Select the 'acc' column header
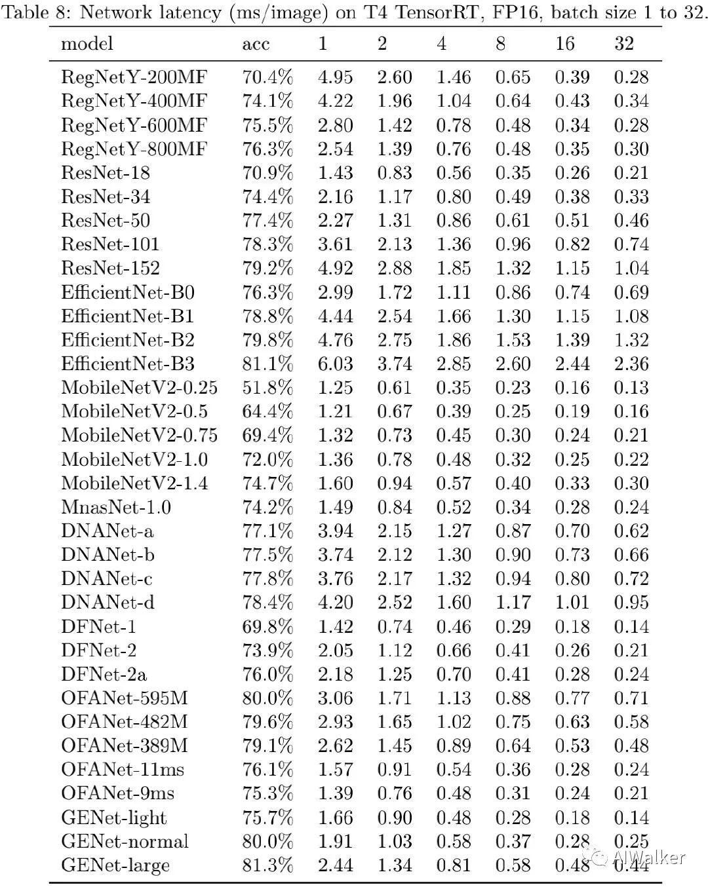point(256,44)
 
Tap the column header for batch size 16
point(564,44)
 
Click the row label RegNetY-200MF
point(134,77)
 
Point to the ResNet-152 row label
point(110,268)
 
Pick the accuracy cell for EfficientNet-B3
point(267,364)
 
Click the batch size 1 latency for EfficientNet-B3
point(335,364)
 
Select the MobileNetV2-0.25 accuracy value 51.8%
point(267,387)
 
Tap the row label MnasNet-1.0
point(116,507)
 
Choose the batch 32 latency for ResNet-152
point(631,268)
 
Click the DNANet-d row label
point(108,602)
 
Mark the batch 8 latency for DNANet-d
point(513,602)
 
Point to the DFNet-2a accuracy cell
point(267,674)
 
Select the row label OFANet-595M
point(125,698)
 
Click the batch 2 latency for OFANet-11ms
point(394,769)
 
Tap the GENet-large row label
point(115,865)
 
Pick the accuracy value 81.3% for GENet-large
point(267,865)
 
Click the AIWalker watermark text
point(648,857)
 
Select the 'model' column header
point(87,44)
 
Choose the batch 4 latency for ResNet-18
point(454,173)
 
